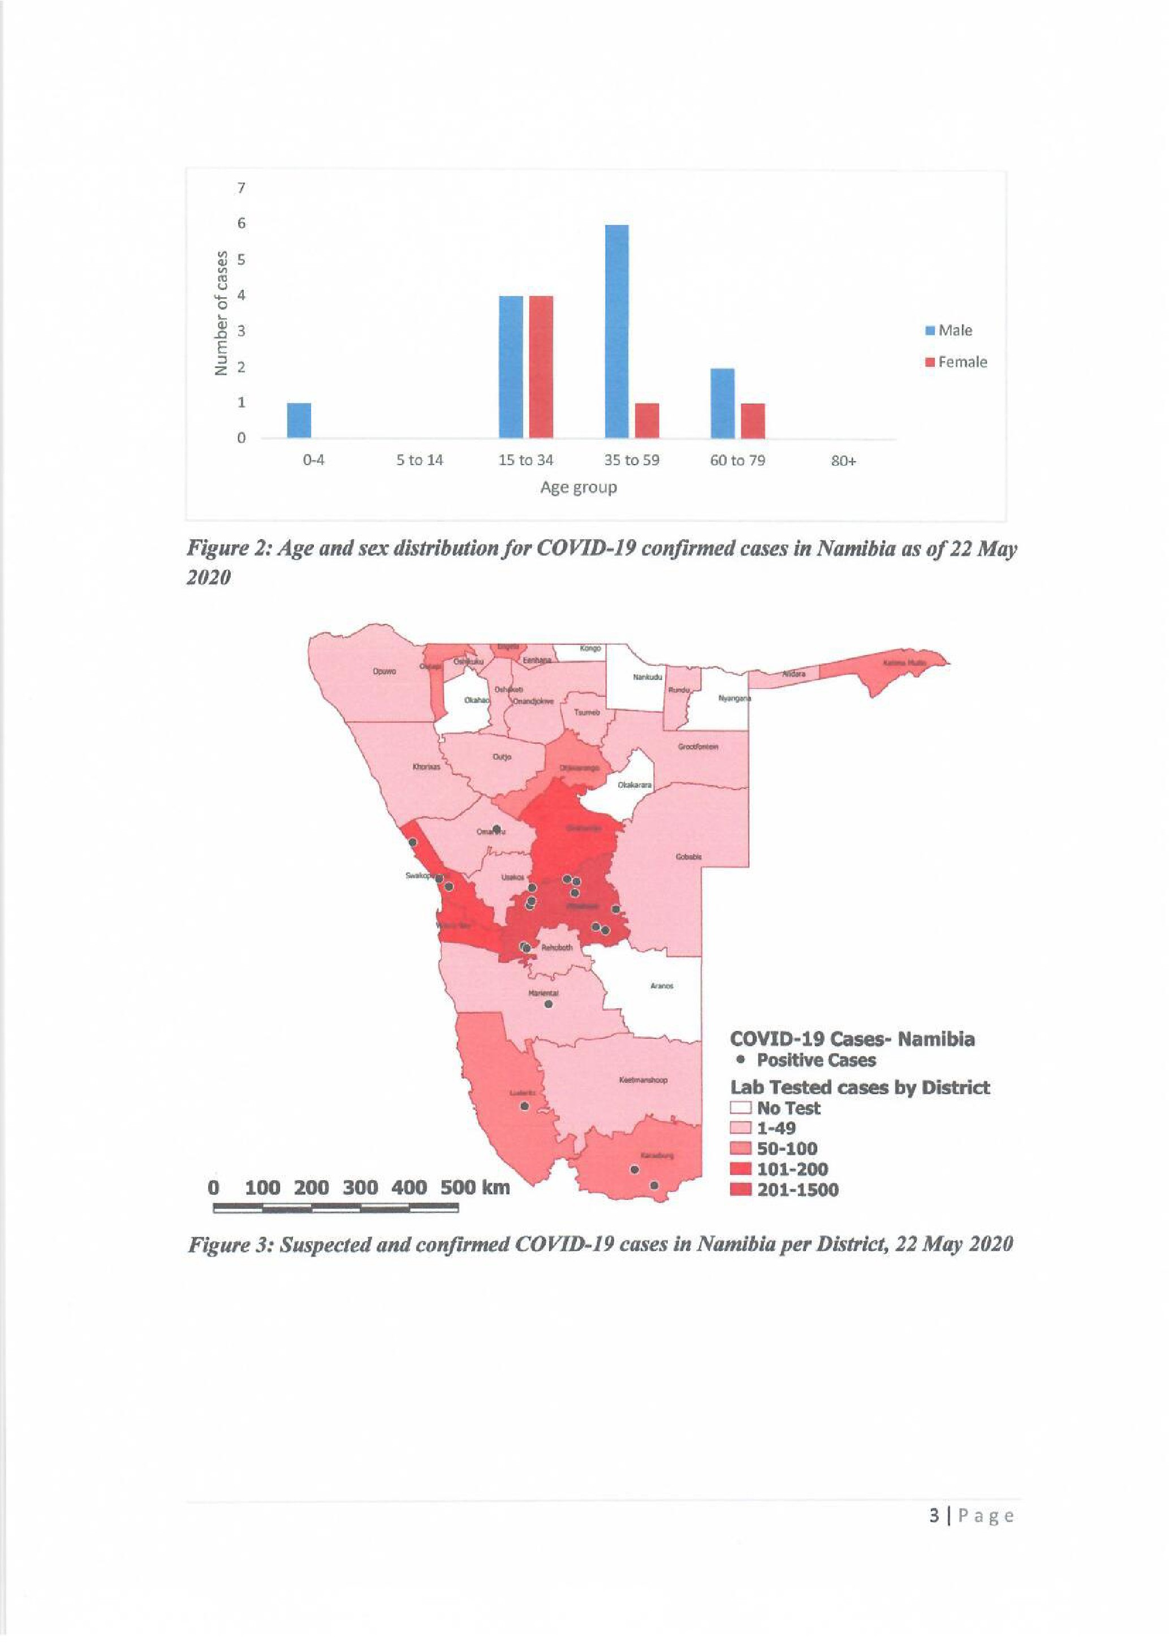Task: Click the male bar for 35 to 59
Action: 616,331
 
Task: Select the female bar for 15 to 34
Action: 541,366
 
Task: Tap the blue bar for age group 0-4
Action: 299,420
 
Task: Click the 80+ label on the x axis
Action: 844,461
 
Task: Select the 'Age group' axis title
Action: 578,487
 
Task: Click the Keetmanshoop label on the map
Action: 643,1080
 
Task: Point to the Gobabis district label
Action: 688,857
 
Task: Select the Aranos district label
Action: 662,986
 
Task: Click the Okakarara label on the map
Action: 634,785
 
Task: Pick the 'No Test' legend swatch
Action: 741,1108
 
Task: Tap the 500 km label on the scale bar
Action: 475,1187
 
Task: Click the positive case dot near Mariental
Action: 549,1004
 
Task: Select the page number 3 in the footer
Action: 934,1516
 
